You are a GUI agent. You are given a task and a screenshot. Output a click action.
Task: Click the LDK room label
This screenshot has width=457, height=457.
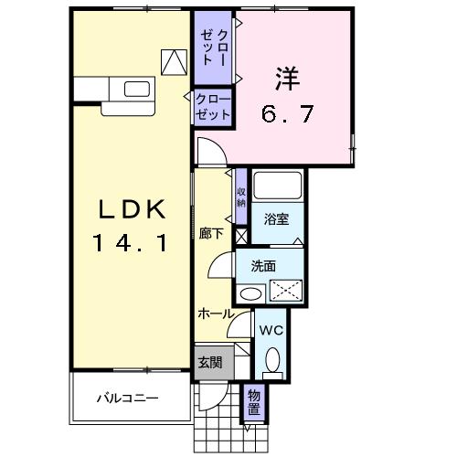[132, 210]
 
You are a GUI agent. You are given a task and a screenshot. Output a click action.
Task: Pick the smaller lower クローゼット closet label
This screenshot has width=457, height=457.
[212, 109]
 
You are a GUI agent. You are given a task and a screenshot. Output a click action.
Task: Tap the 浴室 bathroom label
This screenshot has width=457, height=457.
[276, 219]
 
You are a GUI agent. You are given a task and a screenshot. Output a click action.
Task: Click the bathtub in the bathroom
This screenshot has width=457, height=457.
[278, 186]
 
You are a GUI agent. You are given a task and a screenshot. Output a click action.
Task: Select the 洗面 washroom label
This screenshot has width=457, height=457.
[264, 267]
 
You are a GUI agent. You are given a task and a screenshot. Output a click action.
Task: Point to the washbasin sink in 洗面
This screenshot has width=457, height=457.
[250, 293]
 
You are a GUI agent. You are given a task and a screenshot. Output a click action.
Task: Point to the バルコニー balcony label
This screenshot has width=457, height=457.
[128, 399]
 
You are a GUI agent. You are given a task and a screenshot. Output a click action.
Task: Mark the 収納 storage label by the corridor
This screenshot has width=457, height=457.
[241, 197]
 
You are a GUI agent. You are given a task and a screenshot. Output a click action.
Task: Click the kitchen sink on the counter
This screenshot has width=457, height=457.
[136, 89]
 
